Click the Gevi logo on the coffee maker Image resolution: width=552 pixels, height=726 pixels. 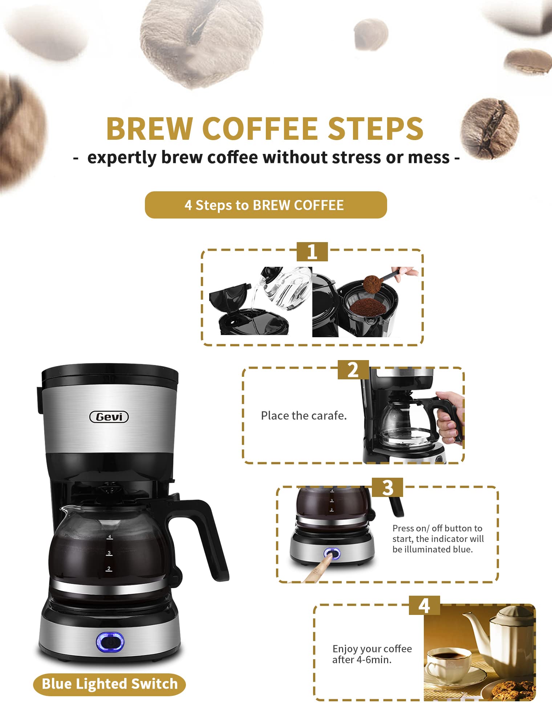(109, 417)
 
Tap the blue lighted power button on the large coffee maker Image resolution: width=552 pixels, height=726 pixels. (110, 642)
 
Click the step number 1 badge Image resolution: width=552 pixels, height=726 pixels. (312, 252)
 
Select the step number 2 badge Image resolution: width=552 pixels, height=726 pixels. (353, 370)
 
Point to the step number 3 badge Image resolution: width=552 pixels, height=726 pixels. (387, 488)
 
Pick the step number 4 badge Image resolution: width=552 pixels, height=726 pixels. (425, 605)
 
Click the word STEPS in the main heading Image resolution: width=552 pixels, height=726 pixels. (376, 129)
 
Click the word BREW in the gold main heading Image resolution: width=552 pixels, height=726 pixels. (149, 129)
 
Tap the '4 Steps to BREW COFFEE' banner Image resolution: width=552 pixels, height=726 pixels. (266, 205)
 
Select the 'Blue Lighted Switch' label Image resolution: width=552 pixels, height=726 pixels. (109, 684)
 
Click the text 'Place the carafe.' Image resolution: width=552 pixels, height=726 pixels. (304, 416)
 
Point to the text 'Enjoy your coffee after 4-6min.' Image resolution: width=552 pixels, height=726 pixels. (372, 654)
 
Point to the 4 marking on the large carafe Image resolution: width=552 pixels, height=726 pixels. (110, 536)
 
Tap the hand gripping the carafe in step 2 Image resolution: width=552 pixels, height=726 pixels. (450, 417)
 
